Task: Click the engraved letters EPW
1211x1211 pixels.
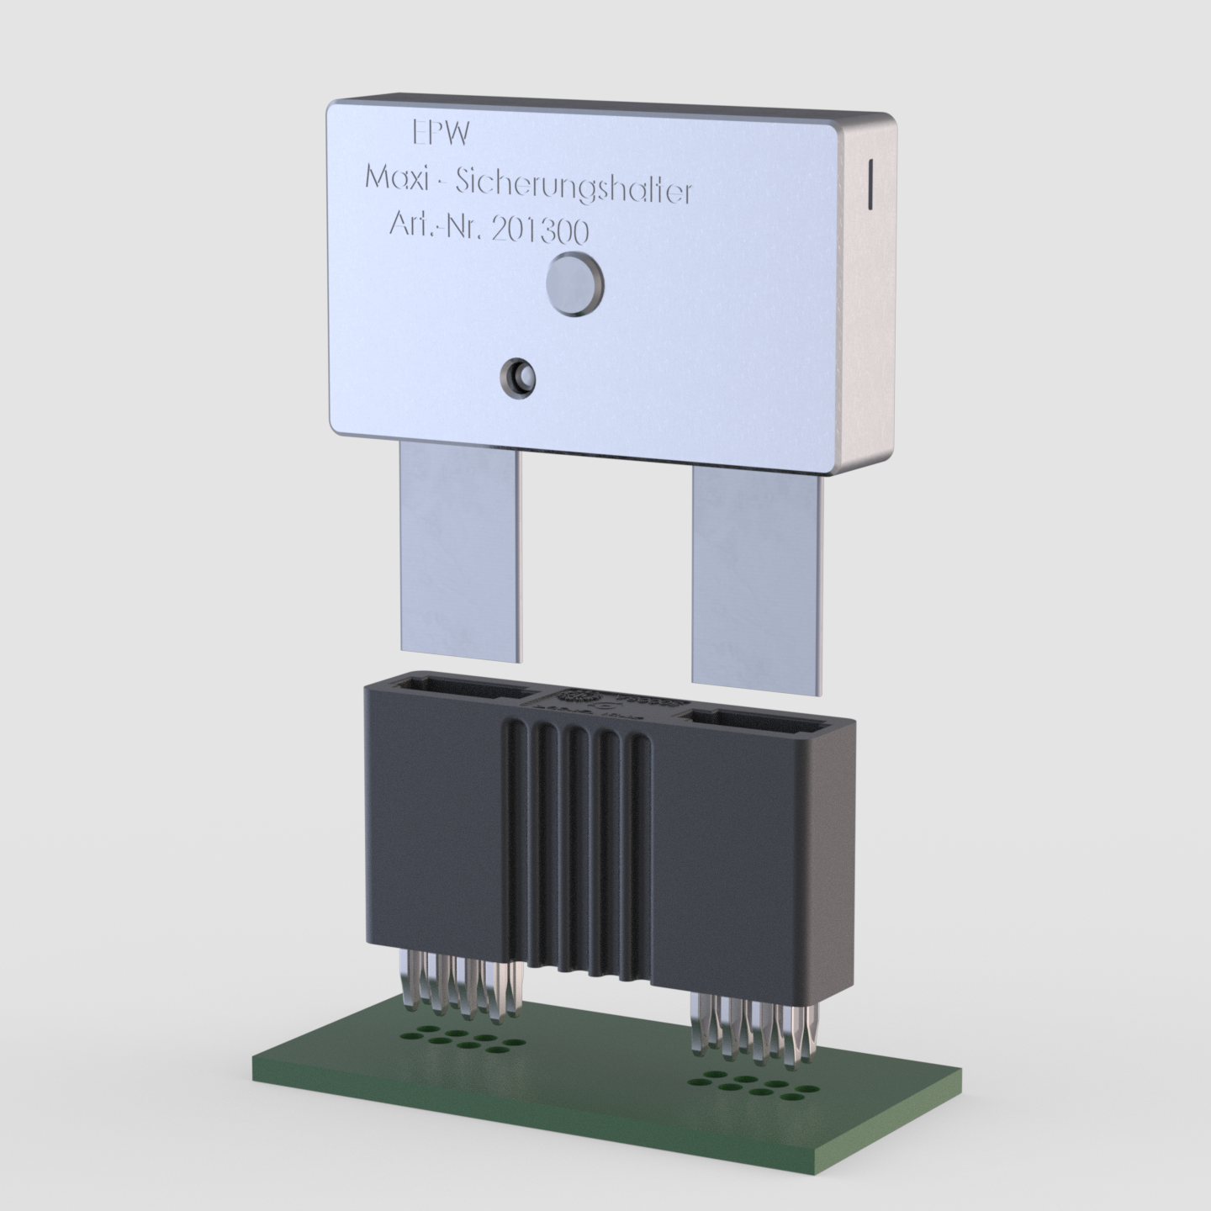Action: click(441, 133)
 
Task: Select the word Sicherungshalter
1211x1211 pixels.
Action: click(574, 188)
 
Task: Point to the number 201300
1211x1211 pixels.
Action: click(541, 231)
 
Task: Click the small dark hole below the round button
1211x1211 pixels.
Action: click(517, 378)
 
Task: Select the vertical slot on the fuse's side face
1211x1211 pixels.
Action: click(870, 183)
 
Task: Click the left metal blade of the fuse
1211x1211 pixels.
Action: click(461, 551)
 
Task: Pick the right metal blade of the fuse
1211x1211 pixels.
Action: click(756, 581)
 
